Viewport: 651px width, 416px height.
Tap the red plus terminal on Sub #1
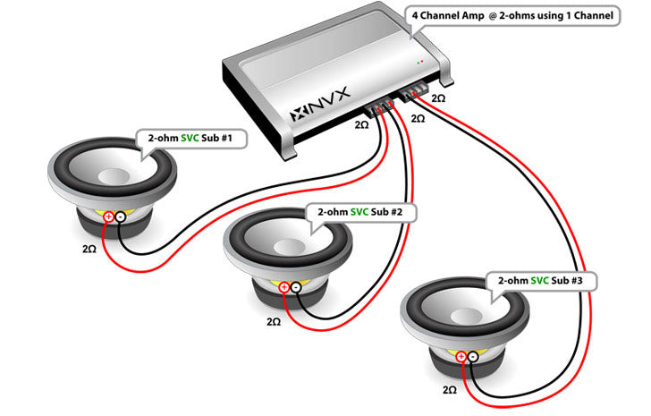108,216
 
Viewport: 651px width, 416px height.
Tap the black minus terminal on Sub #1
120,216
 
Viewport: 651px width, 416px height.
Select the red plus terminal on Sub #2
283,287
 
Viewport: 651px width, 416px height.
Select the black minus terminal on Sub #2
295,287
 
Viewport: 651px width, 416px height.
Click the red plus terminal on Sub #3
461,356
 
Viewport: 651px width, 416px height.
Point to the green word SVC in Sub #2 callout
359,213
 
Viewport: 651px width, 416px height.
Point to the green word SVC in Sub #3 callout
538,281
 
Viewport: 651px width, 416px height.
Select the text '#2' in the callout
397,213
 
